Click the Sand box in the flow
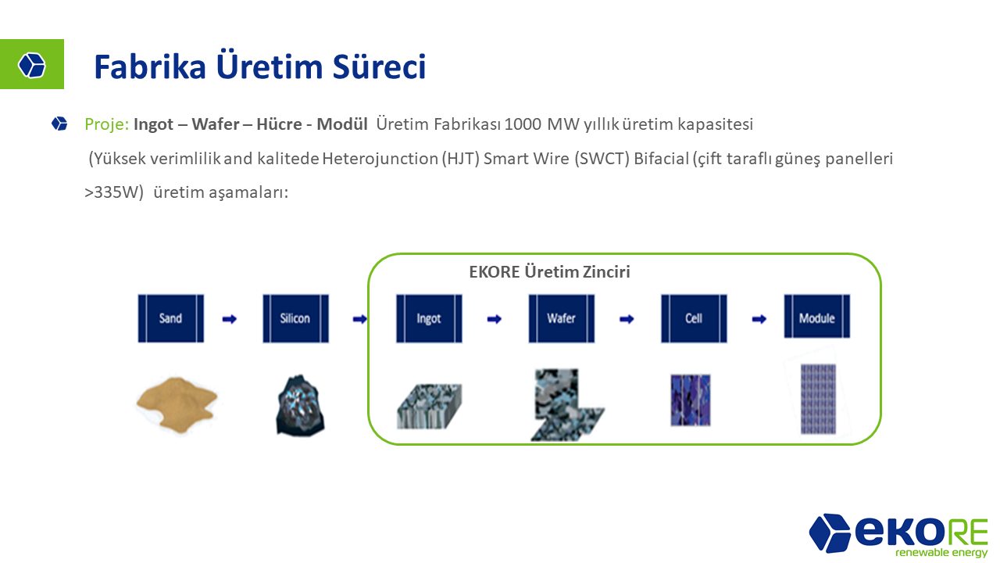pyautogui.click(x=171, y=318)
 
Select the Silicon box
pyautogui.click(x=295, y=318)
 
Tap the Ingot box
pyautogui.click(x=429, y=318)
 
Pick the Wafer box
pyautogui.click(x=562, y=318)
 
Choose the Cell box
pyautogui.click(x=694, y=318)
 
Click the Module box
pyautogui.click(x=817, y=317)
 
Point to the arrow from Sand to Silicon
pyautogui.click(x=230, y=319)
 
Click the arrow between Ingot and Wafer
pyautogui.click(x=495, y=319)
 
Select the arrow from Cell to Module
pyautogui.click(x=759, y=319)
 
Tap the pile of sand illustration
pyautogui.click(x=177, y=404)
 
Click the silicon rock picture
pyautogui.click(x=301, y=405)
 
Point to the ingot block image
pyautogui.click(x=430, y=406)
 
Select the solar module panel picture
pyautogui.click(x=818, y=399)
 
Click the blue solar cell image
pyautogui.click(x=691, y=400)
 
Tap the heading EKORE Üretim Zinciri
pyautogui.click(x=549, y=271)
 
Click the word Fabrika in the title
pyautogui.click(x=150, y=67)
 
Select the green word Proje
pyautogui.click(x=107, y=124)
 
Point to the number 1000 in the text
pyautogui.click(x=523, y=124)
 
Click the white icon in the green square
pyautogui.click(x=32, y=65)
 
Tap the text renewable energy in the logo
pyautogui.click(x=941, y=552)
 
